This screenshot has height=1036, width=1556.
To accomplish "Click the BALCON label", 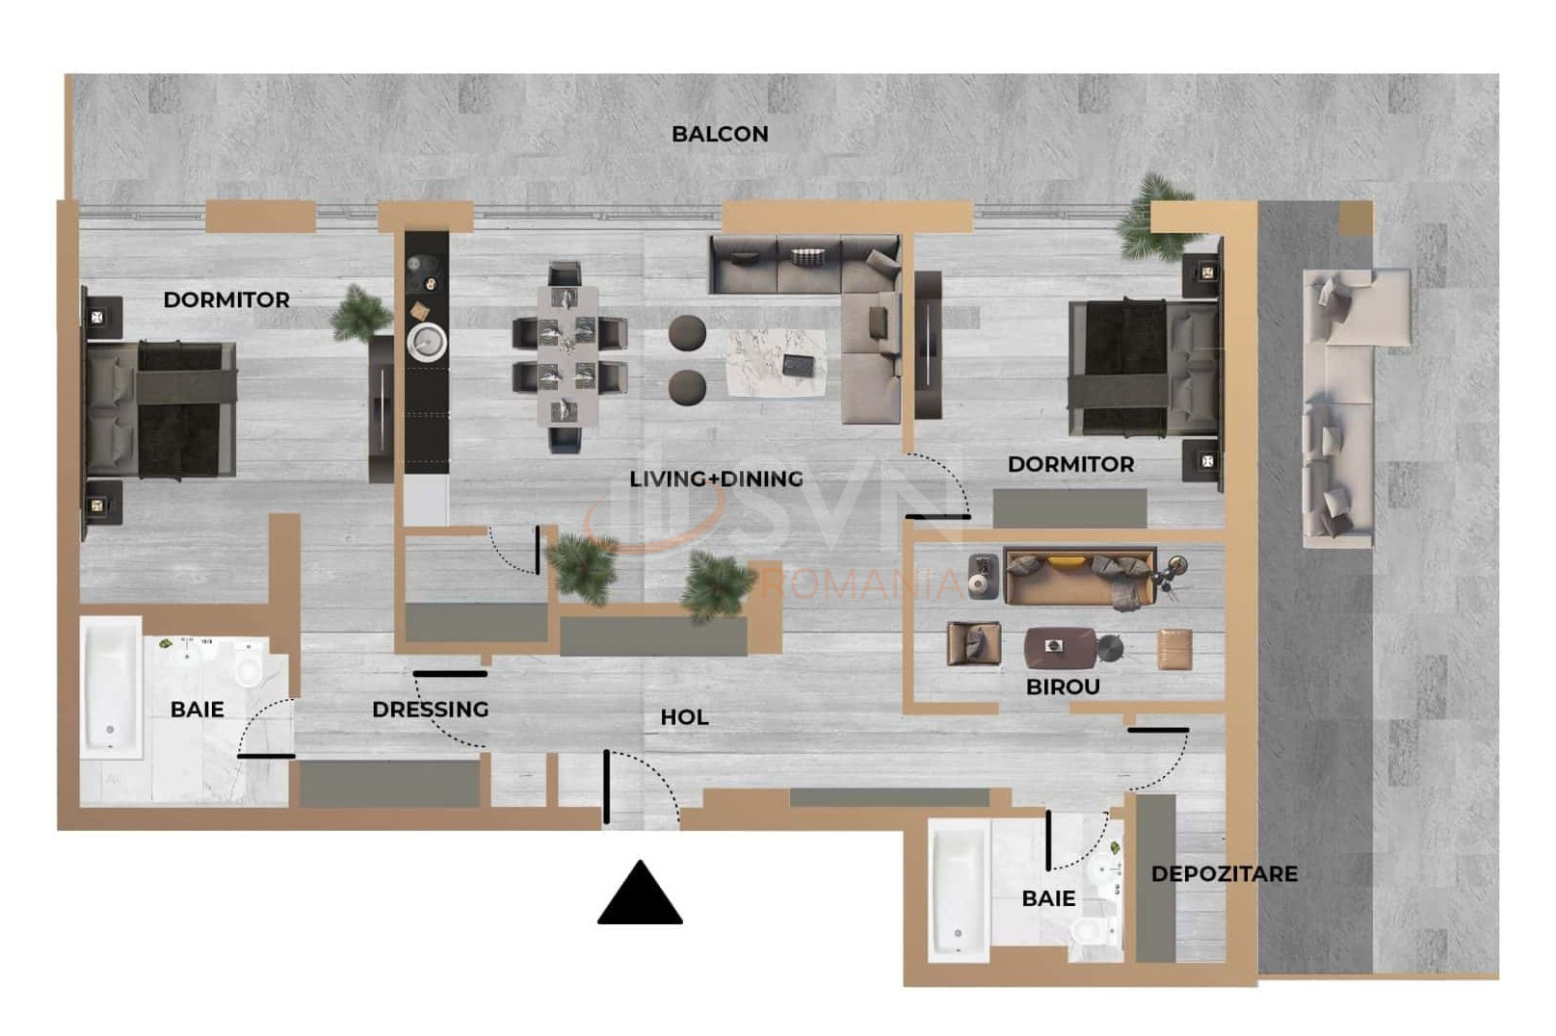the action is [x=720, y=134].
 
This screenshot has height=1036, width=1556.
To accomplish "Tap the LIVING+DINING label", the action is [x=716, y=479].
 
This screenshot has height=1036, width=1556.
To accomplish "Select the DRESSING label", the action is [x=431, y=709].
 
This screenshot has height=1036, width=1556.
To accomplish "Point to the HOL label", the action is [x=684, y=717].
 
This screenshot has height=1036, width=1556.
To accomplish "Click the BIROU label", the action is [x=1063, y=686].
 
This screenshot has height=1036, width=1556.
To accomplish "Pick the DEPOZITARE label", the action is [x=1224, y=873].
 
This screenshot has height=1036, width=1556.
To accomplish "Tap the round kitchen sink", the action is [x=427, y=342].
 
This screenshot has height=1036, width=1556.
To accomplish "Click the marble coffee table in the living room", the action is [x=777, y=363].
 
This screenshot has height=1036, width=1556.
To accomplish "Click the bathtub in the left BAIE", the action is [x=111, y=686].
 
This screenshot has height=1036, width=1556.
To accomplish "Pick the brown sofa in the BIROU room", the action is [x=1079, y=578].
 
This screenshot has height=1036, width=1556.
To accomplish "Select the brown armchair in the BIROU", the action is [x=974, y=644].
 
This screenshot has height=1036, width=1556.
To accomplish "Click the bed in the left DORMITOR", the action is [x=161, y=410].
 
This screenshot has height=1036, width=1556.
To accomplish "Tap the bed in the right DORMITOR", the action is [x=1144, y=368].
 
